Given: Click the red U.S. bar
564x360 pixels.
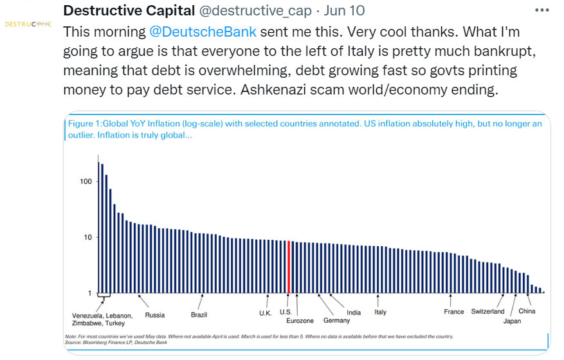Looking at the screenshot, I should pos(289,267).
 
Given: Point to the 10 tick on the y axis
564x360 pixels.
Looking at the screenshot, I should pos(86,237).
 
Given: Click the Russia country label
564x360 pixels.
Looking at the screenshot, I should pos(154,315).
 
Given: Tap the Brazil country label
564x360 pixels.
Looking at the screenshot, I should pos(199,315).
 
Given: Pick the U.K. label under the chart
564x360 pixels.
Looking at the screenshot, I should pos(266,312).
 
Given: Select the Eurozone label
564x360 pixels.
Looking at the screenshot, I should pos(300,320).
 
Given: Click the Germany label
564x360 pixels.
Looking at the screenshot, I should pos(336,320).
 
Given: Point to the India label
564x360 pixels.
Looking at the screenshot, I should pos(354,312).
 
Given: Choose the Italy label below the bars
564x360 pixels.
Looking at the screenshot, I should pos(381,312).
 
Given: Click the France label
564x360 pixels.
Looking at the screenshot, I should pos(454,312).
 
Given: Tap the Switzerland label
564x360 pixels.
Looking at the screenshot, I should pos(487,312).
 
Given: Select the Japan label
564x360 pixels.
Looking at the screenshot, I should pos(512,320).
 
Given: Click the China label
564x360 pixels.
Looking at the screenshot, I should pos(527,311).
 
